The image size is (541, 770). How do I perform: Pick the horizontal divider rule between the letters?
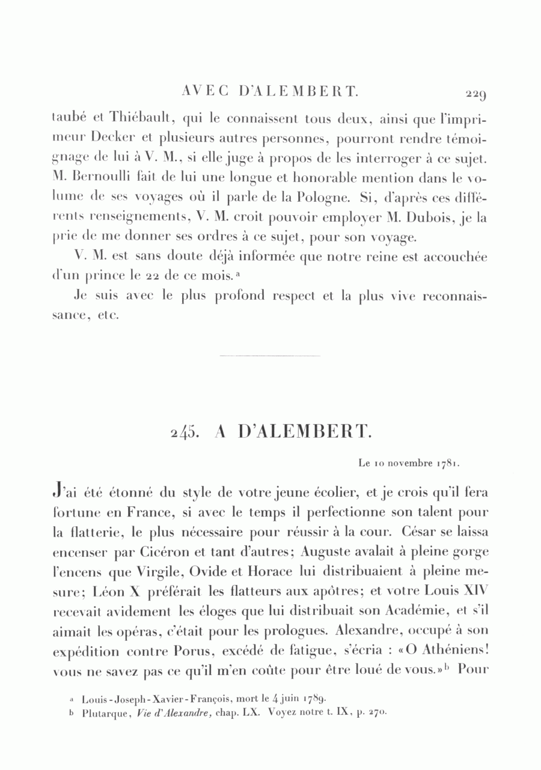coord(270,356)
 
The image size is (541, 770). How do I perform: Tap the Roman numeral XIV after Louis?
coord(474,590)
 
